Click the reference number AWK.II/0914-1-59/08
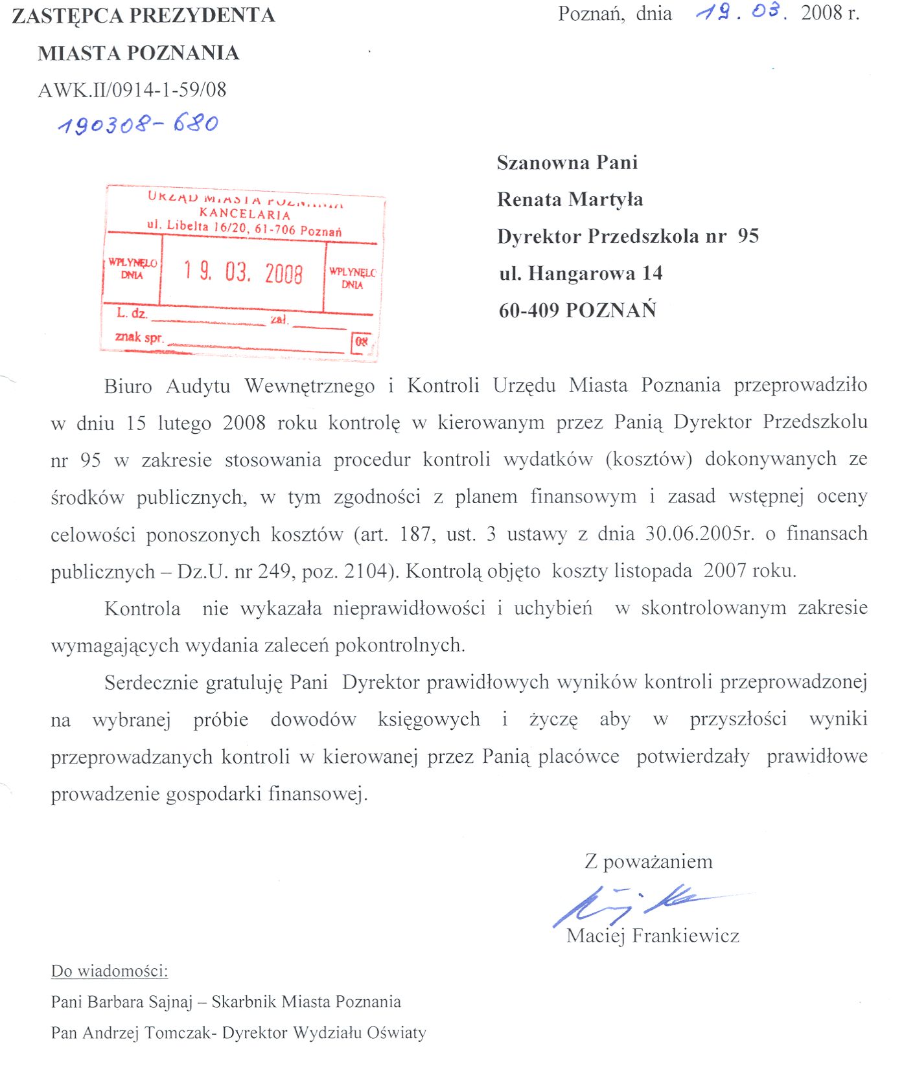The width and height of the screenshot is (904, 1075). (x=132, y=90)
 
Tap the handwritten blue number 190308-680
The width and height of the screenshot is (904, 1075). (x=138, y=123)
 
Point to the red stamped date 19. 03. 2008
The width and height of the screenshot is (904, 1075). (x=243, y=272)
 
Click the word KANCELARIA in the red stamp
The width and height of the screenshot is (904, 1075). (x=245, y=214)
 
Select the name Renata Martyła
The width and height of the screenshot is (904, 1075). (x=570, y=199)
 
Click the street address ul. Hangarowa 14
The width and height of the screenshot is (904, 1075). (x=581, y=273)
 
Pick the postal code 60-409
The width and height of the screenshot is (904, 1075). (x=529, y=310)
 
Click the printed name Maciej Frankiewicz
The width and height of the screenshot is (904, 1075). (x=653, y=936)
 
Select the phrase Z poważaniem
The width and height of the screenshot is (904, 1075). (x=648, y=861)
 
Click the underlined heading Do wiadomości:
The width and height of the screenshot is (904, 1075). (x=110, y=971)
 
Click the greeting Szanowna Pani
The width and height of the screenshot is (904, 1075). (x=567, y=163)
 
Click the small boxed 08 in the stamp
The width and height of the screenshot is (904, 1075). (x=362, y=341)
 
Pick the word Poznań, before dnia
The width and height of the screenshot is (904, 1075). (x=591, y=14)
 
